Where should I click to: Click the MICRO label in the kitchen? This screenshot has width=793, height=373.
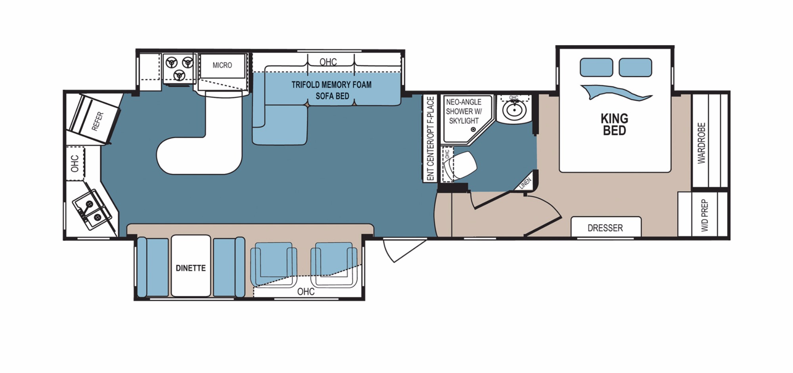[222, 65]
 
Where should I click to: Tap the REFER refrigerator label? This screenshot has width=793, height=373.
[98, 121]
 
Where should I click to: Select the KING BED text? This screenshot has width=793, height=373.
[614, 124]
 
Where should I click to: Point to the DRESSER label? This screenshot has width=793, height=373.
[605, 228]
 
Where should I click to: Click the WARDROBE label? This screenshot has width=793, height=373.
[701, 143]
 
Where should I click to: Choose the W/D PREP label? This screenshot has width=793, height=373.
[704, 215]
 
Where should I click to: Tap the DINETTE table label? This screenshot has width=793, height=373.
[191, 268]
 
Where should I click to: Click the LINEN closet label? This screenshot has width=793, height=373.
[525, 183]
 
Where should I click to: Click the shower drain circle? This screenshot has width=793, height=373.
[473, 129]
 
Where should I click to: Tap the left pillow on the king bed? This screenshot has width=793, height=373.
[596, 67]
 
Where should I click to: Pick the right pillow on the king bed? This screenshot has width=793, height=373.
[635, 67]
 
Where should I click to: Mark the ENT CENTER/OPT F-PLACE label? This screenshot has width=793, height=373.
[431, 139]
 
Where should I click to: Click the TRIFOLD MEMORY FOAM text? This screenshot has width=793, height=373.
[331, 84]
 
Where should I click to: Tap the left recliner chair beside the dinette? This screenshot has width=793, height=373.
[274, 264]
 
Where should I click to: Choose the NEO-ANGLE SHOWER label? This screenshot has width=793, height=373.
[464, 107]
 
